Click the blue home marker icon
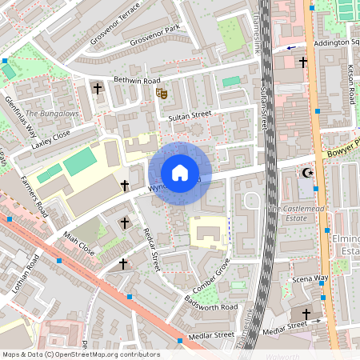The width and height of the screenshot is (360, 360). coord(180,173)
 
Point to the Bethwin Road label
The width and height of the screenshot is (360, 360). coord(137,82)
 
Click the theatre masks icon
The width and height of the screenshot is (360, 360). coord(161,94)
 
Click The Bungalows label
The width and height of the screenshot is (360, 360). coord(52,114)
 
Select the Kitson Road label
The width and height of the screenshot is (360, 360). coord(350,85)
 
